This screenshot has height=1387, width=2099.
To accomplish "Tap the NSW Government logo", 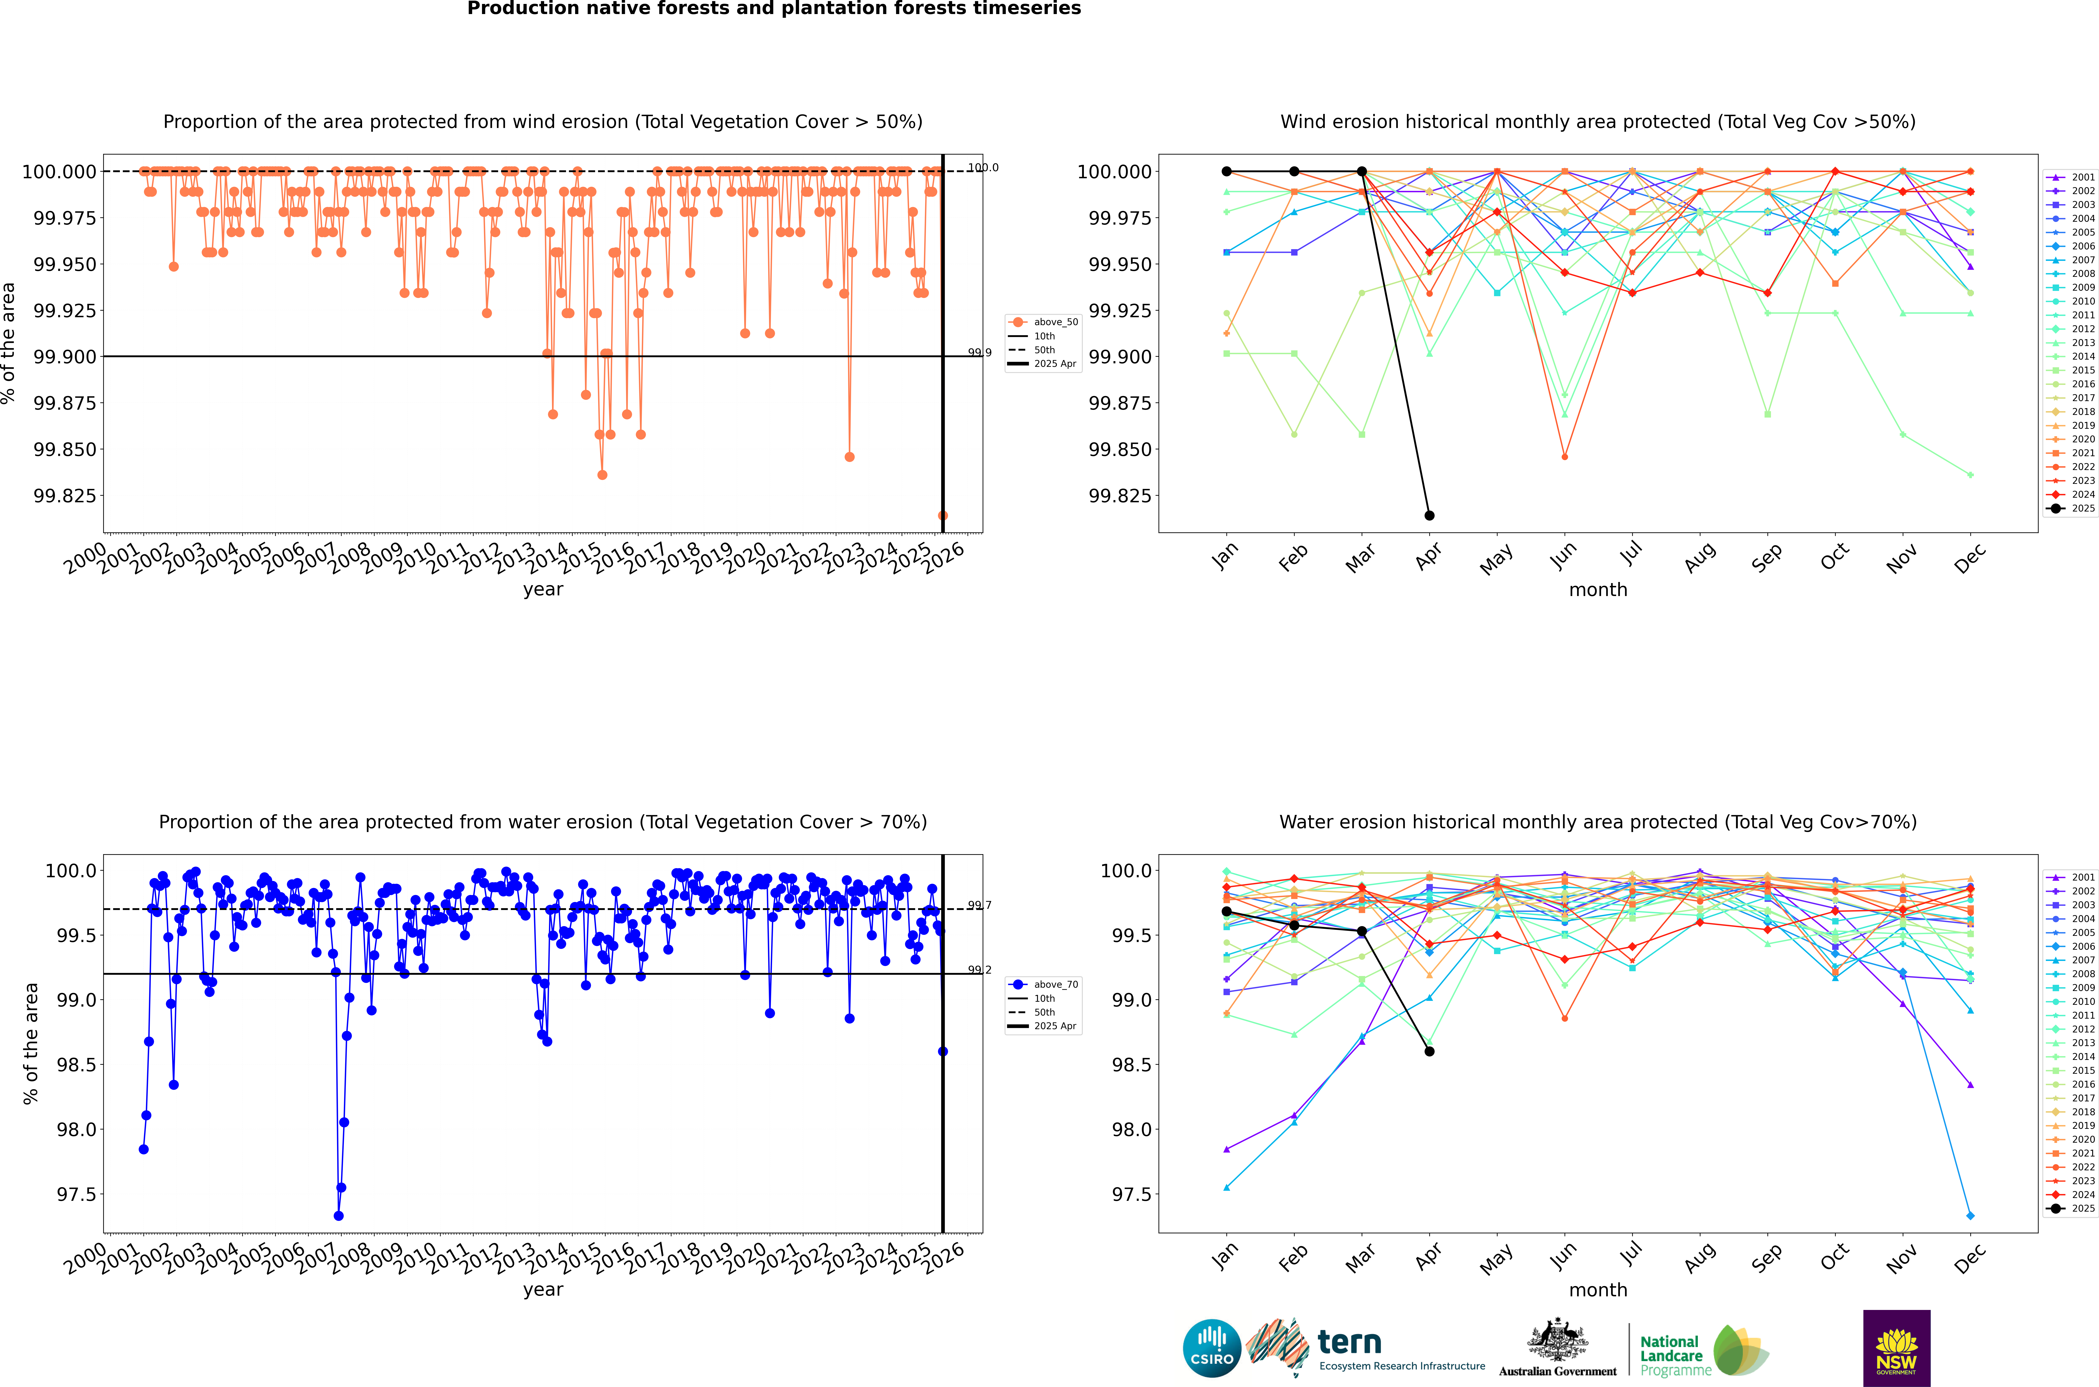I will pos(1897,1348).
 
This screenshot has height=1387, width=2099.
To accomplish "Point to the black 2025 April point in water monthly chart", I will pos(1429,1051).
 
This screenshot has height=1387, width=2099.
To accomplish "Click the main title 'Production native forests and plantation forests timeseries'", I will pos(774,9).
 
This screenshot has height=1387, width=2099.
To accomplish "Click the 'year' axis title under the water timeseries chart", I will pos(543,1290).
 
